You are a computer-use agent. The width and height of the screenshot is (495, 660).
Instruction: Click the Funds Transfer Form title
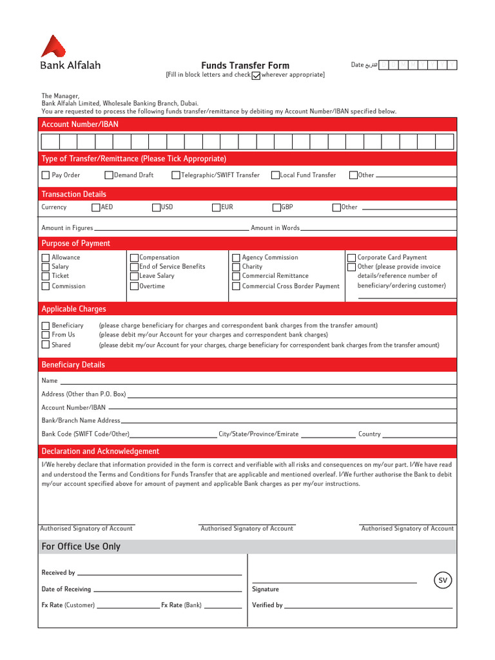click(x=245, y=65)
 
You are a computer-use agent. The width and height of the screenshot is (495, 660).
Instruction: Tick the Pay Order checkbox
click(x=46, y=175)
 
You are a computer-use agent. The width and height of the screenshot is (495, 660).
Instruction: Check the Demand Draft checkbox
click(x=109, y=175)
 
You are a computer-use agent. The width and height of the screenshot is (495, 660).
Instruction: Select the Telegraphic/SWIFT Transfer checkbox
click(x=177, y=175)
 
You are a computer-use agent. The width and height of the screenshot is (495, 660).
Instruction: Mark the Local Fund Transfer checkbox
click(x=275, y=175)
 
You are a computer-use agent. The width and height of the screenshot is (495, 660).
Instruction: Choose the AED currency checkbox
click(x=96, y=208)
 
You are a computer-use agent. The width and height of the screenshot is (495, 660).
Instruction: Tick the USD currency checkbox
click(x=156, y=208)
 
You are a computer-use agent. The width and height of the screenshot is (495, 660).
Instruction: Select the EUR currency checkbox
click(x=216, y=208)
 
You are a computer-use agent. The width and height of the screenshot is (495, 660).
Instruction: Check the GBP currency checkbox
click(x=276, y=208)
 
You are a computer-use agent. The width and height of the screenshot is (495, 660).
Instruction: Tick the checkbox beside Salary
click(x=46, y=267)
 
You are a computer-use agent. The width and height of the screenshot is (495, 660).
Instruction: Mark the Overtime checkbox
click(x=134, y=286)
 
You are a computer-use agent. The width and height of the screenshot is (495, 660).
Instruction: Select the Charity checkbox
click(x=236, y=267)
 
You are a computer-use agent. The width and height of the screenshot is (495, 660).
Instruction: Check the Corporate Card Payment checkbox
click(x=351, y=258)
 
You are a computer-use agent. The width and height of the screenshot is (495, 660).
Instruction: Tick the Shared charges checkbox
click(x=46, y=345)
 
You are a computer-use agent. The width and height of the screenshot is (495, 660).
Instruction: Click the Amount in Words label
click(x=275, y=228)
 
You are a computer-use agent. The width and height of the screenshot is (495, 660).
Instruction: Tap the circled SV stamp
click(x=443, y=581)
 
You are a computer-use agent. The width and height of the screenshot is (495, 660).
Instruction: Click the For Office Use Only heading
click(x=81, y=547)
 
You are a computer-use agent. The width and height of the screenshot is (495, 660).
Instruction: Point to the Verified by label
click(x=267, y=605)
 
